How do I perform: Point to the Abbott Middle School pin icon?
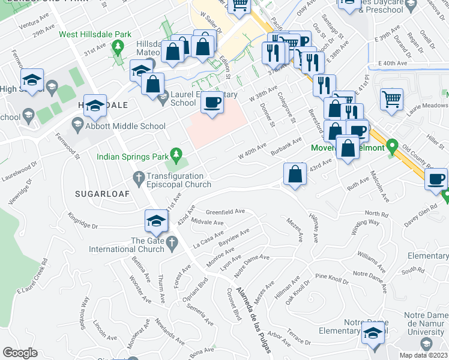[x=77, y=126]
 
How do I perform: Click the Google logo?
[x=20, y=353]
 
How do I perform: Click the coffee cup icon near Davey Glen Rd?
[x=436, y=179]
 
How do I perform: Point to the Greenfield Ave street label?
[x=226, y=212]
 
